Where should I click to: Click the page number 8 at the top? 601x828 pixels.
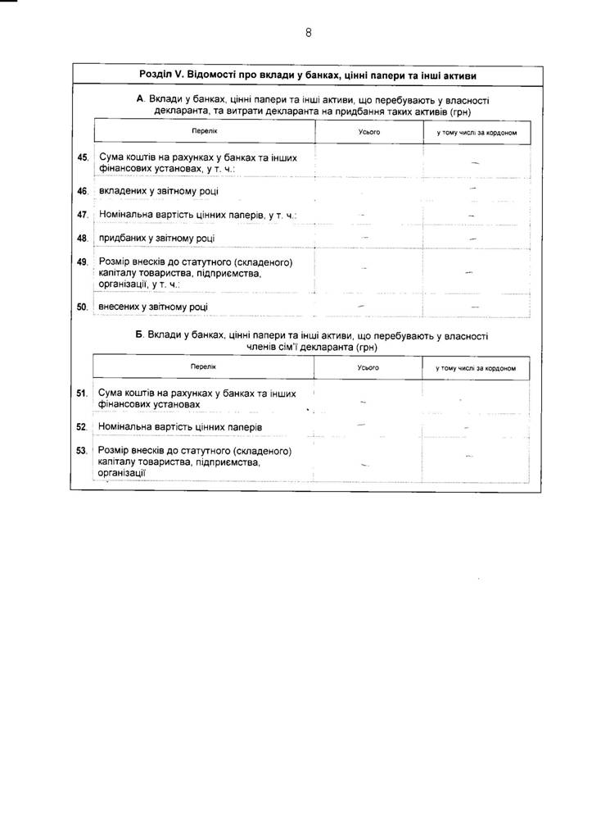pos(308,33)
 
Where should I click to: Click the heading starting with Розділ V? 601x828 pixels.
pos(308,75)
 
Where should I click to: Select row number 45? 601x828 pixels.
pos(82,157)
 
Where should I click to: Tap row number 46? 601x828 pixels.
pos(82,191)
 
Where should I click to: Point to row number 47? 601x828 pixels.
pos(82,215)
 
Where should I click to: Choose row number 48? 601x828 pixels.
pos(82,239)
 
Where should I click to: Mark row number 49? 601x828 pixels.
pos(82,262)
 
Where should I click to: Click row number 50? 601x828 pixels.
pos(82,307)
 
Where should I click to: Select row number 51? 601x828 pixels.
pos(82,394)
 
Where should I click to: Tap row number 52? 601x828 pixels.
pos(82,427)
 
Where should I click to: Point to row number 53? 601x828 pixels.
pos(82,450)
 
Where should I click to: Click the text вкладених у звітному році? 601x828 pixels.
pos(158,191)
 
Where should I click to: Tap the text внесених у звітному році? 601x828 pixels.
pos(153,307)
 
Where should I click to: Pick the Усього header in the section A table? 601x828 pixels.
pos(369,132)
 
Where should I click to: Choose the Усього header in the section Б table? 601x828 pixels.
pos(368,368)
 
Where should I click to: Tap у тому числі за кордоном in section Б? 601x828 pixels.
pos(476,368)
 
